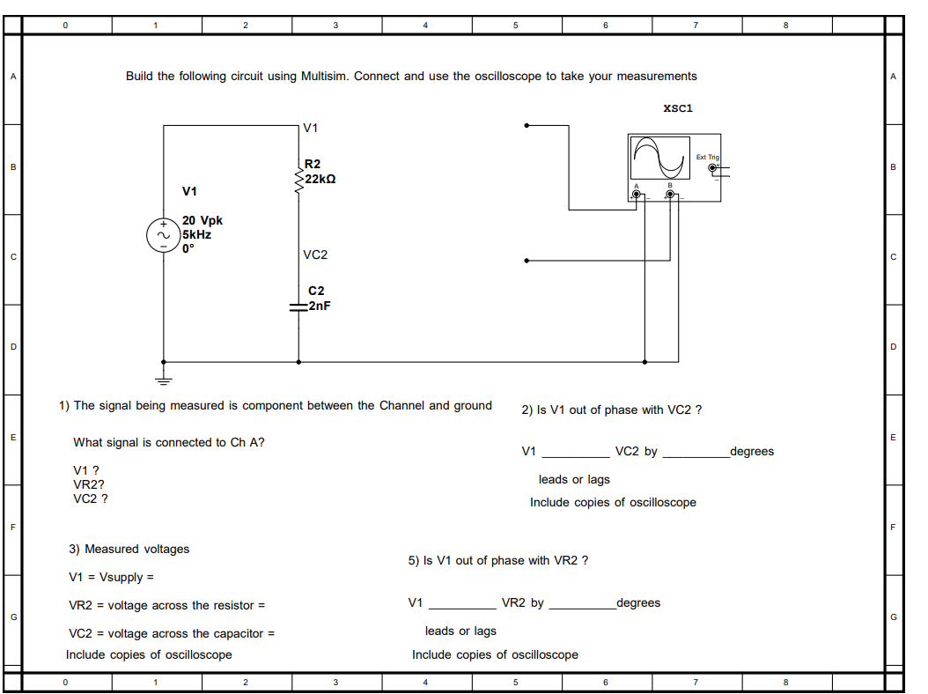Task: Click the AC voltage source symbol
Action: click(x=164, y=235)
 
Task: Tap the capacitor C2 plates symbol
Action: click(x=298, y=306)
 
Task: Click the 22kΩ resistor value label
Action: click(x=320, y=178)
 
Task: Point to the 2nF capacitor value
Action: click(x=319, y=306)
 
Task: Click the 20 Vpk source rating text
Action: click(x=203, y=221)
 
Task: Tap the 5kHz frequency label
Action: click(x=197, y=235)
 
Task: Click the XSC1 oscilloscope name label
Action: click(x=678, y=108)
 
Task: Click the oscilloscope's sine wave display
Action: click(x=660, y=157)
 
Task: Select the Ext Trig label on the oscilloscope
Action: click(x=707, y=157)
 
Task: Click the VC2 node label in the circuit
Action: click(x=315, y=255)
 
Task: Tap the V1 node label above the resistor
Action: click(x=311, y=129)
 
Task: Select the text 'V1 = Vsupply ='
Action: click(x=111, y=578)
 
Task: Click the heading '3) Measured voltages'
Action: click(x=129, y=549)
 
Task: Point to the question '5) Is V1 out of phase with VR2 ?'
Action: click(x=498, y=560)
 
